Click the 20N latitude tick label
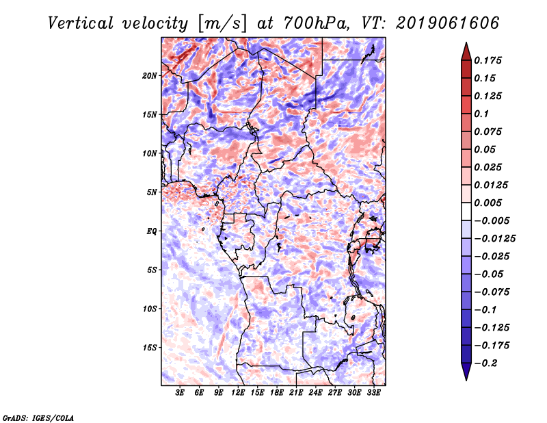coord(150,76)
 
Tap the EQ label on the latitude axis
coord(152,231)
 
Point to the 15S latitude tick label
coord(150,348)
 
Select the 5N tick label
coord(152,192)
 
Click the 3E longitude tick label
coord(180,392)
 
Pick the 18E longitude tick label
coord(277,392)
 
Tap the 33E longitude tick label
coord(373,392)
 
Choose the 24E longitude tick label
coord(315,392)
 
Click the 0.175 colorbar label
coord(488,60)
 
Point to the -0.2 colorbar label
coord(486,363)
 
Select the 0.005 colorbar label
coord(488,203)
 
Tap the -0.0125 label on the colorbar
coord(494,239)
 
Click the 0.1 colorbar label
coord(481,114)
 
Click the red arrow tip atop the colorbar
coord(466,42)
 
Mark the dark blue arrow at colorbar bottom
coord(466,372)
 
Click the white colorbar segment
coord(466,211)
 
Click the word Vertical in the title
coord(81,23)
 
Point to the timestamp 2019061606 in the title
coord(448,23)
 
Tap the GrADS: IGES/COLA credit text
coord(38,418)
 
